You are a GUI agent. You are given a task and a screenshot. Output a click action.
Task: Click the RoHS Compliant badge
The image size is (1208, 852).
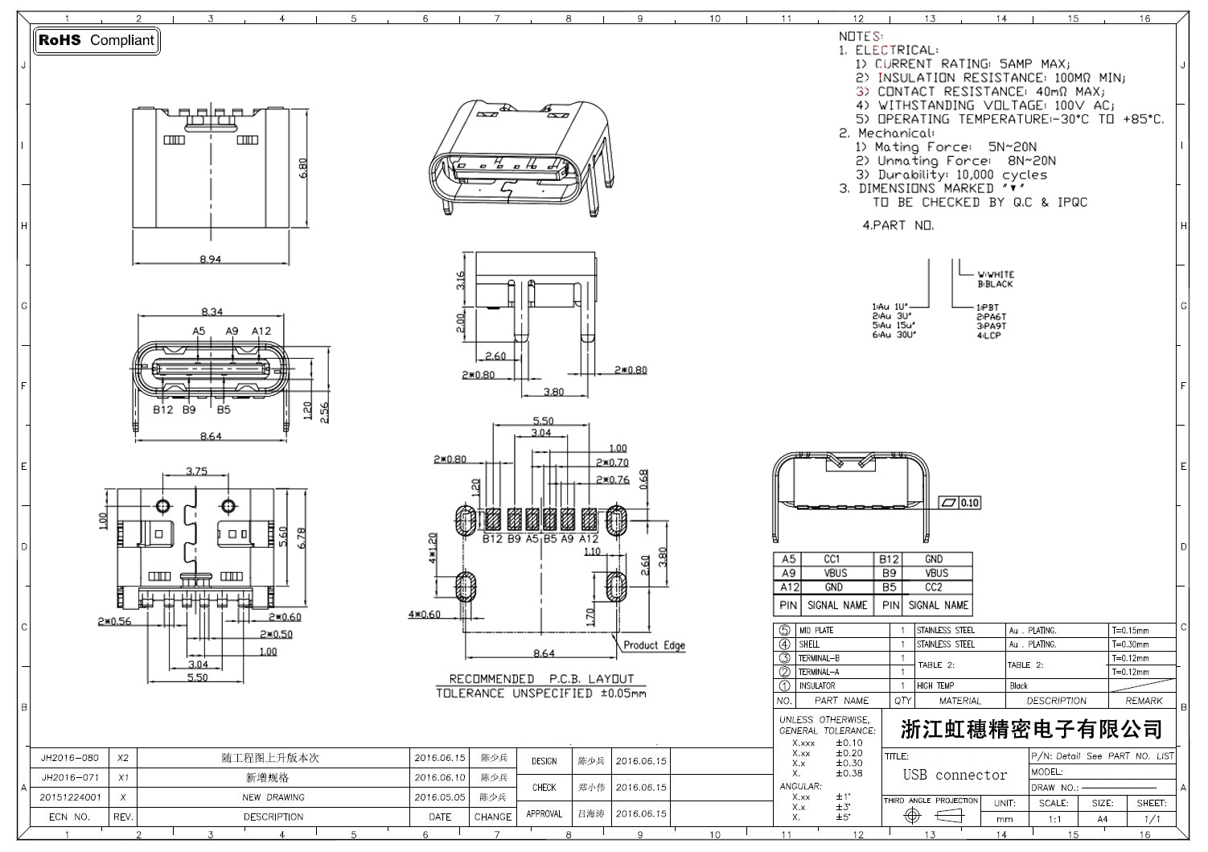pyautogui.click(x=97, y=40)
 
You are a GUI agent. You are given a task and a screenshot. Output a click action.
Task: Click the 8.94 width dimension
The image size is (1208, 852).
pyautogui.click(x=210, y=259)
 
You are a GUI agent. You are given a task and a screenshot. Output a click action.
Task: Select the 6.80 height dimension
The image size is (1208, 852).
pyautogui.click(x=303, y=168)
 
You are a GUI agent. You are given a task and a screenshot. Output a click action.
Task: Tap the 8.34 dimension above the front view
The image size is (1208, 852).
pyautogui.click(x=212, y=311)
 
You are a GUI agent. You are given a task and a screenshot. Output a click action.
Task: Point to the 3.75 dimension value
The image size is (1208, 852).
pyautogui.click(x=196, y=471)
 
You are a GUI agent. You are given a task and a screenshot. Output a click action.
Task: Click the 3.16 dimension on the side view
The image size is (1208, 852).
pyautogui.click(x=461, y=281)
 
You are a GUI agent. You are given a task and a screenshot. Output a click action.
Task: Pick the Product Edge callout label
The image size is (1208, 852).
pyautogui.click(x=654, y=645)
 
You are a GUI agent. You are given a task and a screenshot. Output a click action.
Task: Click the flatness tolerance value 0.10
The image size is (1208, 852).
pyautogui.click(x=970, y=503)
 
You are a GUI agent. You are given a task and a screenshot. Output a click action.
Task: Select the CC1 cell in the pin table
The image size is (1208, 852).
pyautogui.click(x=832, y=559)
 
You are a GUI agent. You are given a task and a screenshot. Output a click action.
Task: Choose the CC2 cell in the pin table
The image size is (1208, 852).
pyautogui.click(x=933, y=587)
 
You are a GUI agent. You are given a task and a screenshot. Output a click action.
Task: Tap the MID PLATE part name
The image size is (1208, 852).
pyautogui.click(x=816, y=631)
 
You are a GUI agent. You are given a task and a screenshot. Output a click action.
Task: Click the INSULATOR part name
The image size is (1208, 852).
pyautogui.click(x=816, y=686)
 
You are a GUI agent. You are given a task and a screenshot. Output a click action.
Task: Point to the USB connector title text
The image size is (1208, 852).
pyautogui.click(x=955, y=775)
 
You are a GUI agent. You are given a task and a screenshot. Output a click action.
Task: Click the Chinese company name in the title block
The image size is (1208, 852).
pyautogui.click(x=1031, y=730)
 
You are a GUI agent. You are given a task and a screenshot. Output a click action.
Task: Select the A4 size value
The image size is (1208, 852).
pyautogui.click(x=1102, y=819)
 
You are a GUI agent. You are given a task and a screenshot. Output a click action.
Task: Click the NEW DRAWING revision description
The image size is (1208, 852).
pyautogui.click(x=273, y=797)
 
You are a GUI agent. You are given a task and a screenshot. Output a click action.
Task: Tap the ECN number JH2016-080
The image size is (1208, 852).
pyautogui.click(x=70, y=758)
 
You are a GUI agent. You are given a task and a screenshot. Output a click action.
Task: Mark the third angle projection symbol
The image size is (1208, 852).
pyautogui.click(x=931, y=816)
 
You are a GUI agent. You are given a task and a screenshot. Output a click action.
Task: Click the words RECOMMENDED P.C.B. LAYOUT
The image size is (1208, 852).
pyautogui.click(x=541, y=679)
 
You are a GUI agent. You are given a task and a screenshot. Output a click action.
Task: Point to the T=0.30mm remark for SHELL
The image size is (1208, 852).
pyautogui.click(x=1131, y=644)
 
